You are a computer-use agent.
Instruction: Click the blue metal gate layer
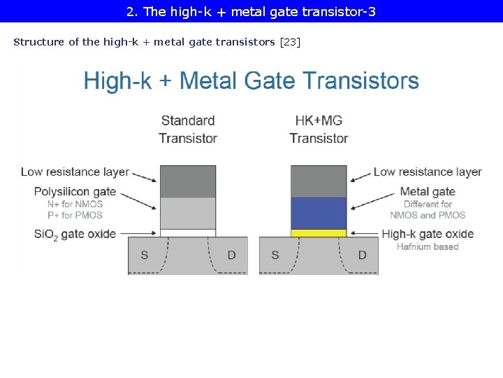(319, 213)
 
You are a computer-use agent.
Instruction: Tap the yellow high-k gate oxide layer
(319, 233)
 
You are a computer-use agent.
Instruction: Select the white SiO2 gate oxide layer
(188, 233)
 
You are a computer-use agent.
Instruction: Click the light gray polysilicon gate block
(188, 213)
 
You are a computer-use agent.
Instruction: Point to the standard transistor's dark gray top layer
(188, 181)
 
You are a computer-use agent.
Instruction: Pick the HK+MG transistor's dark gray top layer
(319, 181)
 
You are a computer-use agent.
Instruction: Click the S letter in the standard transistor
(144, 255)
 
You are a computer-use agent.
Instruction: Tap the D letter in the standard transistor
(231, 255)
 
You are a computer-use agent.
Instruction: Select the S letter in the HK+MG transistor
(275, 255)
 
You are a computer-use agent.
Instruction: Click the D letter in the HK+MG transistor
(362, 255)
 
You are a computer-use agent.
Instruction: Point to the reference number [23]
(290, 42)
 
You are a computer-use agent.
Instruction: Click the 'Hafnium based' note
(428, 246)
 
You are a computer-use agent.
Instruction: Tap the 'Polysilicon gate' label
(75, 192)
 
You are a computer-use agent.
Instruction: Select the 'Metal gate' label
(427, 192)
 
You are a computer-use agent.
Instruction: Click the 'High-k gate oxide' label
(428, 234)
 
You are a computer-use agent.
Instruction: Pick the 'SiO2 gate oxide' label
(75, 234)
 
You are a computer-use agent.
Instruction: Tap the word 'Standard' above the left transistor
(188, 121)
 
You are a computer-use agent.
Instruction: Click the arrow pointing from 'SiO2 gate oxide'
(138, 234)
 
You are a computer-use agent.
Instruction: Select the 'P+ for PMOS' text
(75, 216)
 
